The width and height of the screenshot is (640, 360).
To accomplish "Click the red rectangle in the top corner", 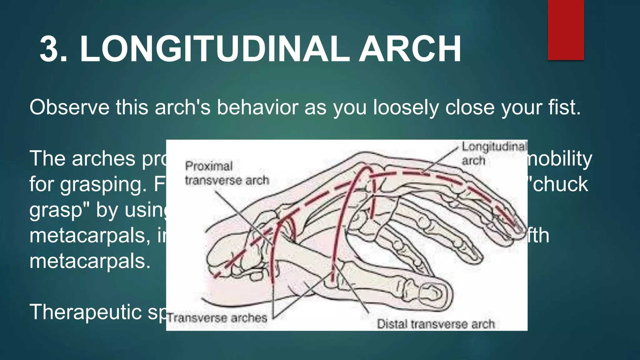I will [566, 30].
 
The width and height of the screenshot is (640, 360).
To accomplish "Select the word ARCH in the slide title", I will [410, 49].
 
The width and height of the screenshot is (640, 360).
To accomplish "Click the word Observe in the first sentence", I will [69, 107].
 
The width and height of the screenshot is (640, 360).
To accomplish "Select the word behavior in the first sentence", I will [257, 107].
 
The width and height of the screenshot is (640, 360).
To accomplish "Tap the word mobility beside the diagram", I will [559, 159].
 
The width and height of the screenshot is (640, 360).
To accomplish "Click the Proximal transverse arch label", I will [227, 173].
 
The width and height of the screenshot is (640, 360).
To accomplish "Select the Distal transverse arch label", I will [436, 324].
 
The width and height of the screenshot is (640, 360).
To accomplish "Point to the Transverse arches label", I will [217, 318].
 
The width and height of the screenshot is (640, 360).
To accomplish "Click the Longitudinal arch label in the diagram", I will [494, 153].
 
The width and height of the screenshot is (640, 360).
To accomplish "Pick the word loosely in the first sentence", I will [407, 107].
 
